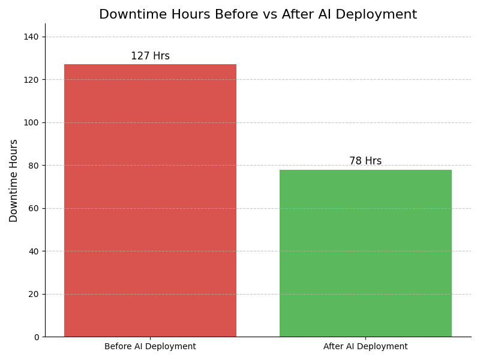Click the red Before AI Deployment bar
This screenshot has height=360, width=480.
tap(150, 200)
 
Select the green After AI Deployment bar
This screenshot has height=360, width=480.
tap(365, 253)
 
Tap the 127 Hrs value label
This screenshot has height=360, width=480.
tap(150, 56)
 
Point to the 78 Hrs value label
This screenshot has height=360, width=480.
tap(365, 161)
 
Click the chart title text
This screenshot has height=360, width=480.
tap(258, 15)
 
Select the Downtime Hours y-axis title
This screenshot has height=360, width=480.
tap(14, 181)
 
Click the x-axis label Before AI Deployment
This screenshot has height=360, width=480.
tap(150, 347)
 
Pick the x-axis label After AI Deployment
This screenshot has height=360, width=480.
tap(365, 347)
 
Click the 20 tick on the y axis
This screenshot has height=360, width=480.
tap(33, 294)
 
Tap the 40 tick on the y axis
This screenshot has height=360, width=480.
tap(33, 251)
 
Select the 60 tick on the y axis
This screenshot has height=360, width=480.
tap(33, 209)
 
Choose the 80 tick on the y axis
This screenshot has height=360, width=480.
tap(33, 166)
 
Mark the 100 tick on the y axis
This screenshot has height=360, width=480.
tap(31, 123)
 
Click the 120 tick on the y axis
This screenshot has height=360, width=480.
tap(31, 80)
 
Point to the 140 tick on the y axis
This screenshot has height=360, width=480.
tap(31, 37)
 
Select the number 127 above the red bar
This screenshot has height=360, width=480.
tap(140, 56)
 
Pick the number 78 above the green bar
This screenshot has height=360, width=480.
tap(355, 161)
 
